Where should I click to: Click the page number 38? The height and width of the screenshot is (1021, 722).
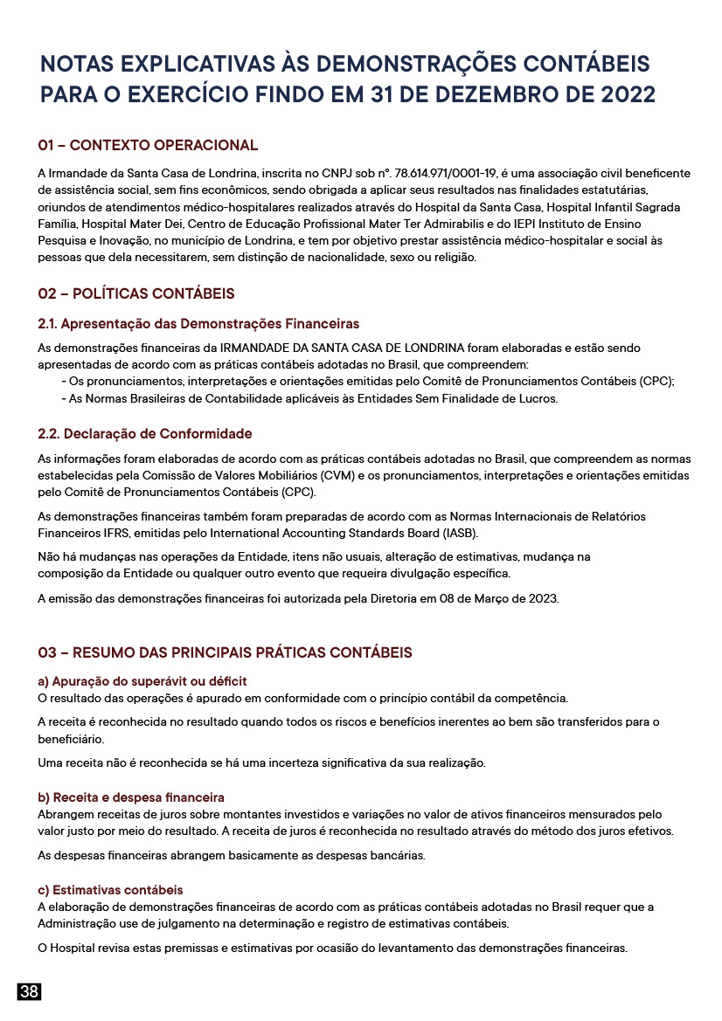(x=29, y=991)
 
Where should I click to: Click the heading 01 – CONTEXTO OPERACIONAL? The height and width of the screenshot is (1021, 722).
(x=148, y=146)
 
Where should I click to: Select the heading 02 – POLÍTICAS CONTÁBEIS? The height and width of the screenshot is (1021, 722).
(x=135, y=293)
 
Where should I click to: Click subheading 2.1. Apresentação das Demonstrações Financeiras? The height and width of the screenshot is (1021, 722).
(x=198, y=324)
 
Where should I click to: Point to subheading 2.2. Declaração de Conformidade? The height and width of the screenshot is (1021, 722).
(x=144, y=434)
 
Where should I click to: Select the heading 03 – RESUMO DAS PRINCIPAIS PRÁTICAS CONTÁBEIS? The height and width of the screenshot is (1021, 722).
(x=225, y=653)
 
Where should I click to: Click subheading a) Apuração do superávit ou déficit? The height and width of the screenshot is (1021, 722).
(x=142, y=681)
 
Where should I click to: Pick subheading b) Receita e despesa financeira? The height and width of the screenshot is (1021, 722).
(x=131, y=797)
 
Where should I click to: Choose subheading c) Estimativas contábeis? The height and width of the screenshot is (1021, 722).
(x=110, y=890)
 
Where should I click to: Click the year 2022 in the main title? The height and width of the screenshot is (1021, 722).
(x=627, y=94)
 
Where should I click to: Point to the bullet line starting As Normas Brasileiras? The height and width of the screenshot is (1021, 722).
(x=309, y=398)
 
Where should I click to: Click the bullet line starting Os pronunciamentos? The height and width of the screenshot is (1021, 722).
(x=367, y=382)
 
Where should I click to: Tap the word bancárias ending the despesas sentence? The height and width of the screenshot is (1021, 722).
(x=399, y=855)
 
